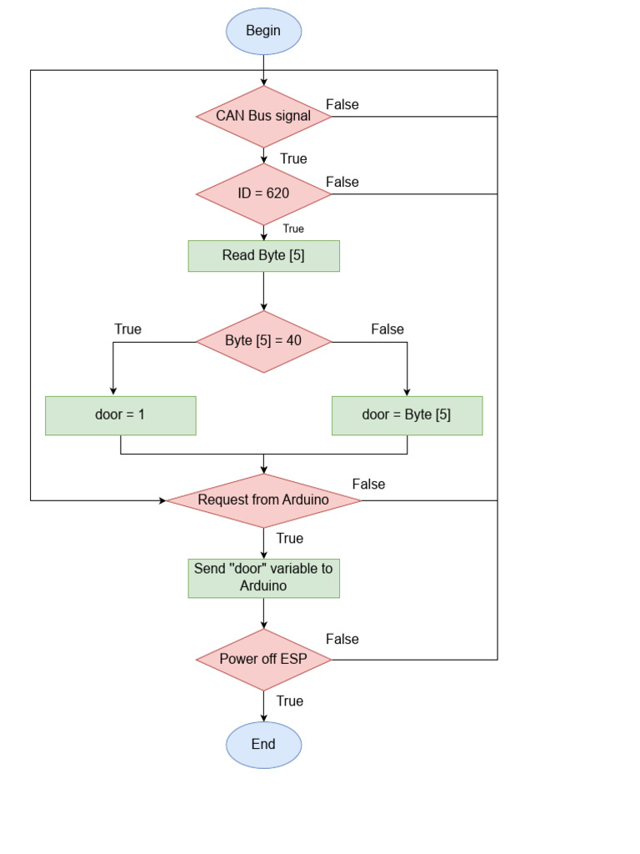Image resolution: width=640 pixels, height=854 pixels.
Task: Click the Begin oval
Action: (263, 31)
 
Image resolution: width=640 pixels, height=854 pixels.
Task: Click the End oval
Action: (263, 744)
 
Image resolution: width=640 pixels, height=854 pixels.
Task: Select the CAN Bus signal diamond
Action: (263, 116)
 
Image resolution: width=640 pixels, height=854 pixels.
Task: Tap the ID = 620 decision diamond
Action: (263, 193)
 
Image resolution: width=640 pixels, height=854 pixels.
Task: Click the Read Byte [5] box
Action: (263, 256)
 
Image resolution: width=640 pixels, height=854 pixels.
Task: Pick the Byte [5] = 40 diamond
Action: (263, 341)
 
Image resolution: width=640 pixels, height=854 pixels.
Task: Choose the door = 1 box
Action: (120, 414)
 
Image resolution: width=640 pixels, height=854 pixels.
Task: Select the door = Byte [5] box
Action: (407, 414)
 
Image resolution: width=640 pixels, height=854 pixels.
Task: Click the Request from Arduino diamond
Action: (263, 500)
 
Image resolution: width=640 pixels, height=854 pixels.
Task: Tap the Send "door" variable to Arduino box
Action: (263, 578)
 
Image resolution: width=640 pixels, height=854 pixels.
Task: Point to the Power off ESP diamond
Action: (263, 659)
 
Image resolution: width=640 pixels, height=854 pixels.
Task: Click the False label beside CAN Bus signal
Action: (342, 104)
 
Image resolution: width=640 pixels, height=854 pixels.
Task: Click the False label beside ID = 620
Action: (342, 182)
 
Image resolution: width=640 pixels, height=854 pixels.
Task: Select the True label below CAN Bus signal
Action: (293, 158)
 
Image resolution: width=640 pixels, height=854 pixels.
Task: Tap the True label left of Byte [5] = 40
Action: (127, 329)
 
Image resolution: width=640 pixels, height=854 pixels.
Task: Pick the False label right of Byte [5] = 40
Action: (387, 329)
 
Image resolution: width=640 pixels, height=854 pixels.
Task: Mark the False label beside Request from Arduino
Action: (368, 484)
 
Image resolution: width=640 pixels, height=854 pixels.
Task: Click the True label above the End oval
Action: (290, 701)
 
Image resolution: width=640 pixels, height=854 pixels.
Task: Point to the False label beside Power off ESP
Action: (342, 639)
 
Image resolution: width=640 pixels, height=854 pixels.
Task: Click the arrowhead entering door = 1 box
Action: (112, 390)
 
